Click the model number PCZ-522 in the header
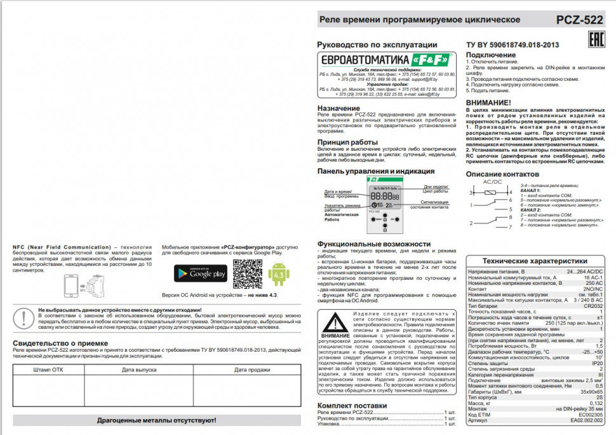coord(579,20)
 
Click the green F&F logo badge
coord(431,59)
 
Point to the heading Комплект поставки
coord(351,405)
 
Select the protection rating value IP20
coord(596,362)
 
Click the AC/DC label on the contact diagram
coord(492,182)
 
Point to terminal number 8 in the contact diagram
coord(510,226)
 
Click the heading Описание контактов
coord(502,174)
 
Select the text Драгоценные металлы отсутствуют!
coord(156,420)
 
